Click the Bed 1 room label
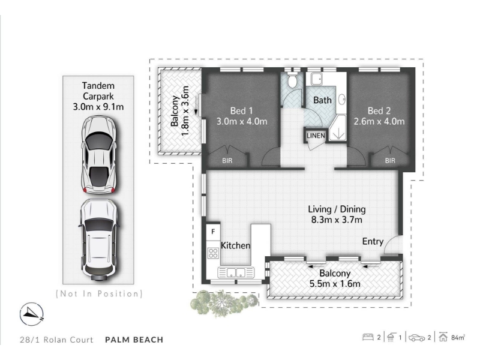tap(242, 111)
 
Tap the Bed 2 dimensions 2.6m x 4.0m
tap(379, 122)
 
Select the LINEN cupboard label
tap(316, 136)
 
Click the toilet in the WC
tap(293, 80)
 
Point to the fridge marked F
tap(214, 232)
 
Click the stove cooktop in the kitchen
tap(213, 253)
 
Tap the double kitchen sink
tap(236, 272)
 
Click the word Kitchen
tap(235, 245)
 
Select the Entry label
tap(373, 242)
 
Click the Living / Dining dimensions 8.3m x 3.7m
tap(337, 220)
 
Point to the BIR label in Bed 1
tap(227, 160)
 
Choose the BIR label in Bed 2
tap(390, 160)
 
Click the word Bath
tap(322, 100)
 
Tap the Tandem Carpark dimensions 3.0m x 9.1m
tap(98, 107)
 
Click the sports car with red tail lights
tap(99, 155)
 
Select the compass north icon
tap(32, 314)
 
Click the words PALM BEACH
tap(134, 340)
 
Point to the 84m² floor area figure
tap(458, 337)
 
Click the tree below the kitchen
tap(224, 303)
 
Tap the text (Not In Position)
tap(99, 294)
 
